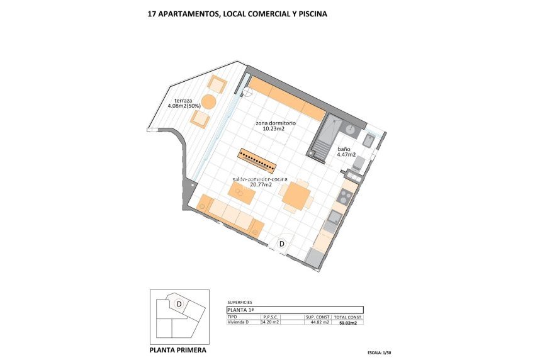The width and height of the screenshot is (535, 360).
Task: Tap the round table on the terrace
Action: click(x=208, y=102)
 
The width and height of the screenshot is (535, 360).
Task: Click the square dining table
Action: click(x=296, y=196)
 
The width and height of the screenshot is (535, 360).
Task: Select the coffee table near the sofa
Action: click(x=242, y=195)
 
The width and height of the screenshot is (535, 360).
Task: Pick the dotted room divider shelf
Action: click(x=257, y=160)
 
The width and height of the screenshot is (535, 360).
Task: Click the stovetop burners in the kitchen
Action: click(x=345, y=197)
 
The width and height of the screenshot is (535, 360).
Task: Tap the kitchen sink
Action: click(x=335, y=218)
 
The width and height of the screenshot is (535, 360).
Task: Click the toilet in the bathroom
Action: click(x=359, y=164)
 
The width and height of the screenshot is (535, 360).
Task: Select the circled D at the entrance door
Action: click(x=282, y=244)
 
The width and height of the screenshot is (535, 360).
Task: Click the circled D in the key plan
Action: click(x=179, y=305)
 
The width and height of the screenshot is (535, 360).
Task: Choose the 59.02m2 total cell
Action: click(x=347, y=323)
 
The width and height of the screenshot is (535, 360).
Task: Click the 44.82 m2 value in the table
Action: click(x=320, y=323)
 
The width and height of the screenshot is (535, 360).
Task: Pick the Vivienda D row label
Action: click(x=239, y=323)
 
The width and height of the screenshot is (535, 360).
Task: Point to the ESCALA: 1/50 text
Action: click(x=383, y=353)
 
